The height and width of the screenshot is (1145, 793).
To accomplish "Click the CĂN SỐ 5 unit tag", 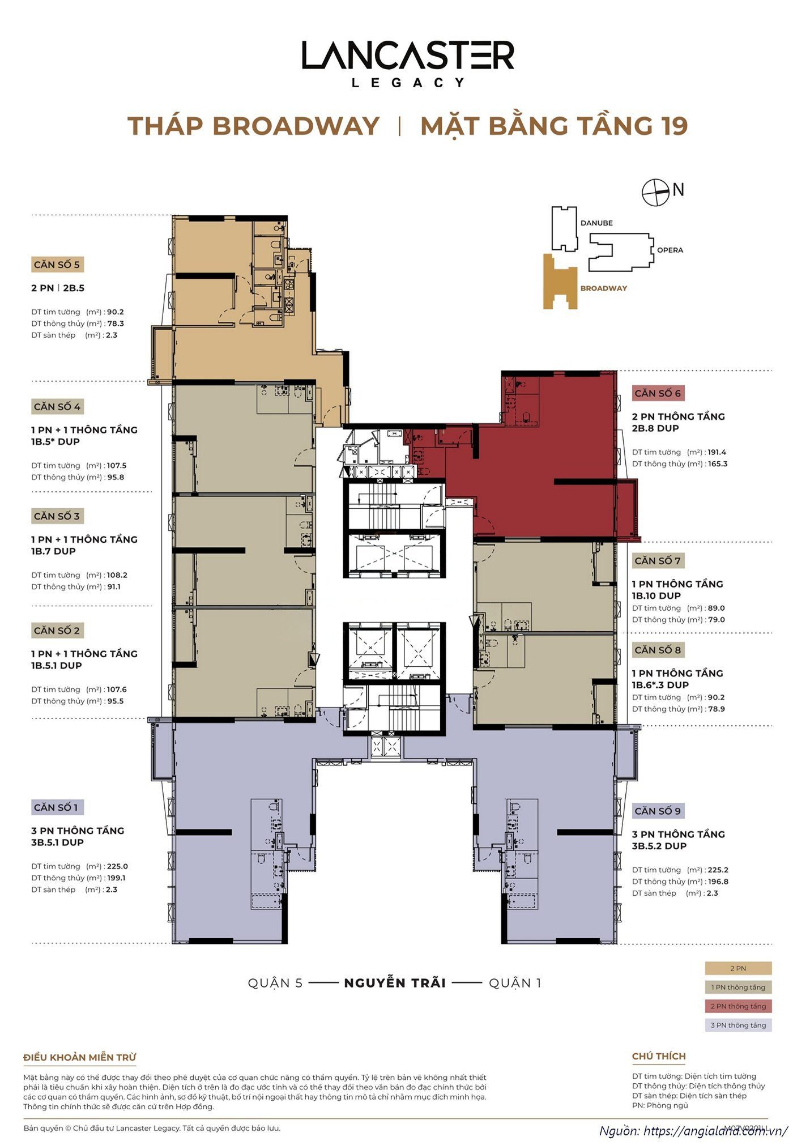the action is (x=57, y=265).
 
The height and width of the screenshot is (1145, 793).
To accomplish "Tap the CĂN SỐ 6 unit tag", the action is (x=658, y=393).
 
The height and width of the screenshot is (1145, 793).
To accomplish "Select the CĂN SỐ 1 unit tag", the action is (x=57, y=807).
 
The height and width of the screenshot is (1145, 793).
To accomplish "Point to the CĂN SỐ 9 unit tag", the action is (x=658, y=811).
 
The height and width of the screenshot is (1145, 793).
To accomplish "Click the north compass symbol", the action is (x=656, y=192).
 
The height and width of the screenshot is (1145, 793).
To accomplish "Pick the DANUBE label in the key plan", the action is (x=596, y=223).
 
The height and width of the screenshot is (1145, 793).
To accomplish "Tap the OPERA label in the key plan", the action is (x=670, y=250).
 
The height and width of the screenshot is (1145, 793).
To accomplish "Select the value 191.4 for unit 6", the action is (x=717, y=452).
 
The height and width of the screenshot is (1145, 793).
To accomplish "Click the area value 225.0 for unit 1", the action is (x=117, y=866).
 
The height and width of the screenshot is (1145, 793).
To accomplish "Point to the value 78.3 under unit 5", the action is (x=116, y=324).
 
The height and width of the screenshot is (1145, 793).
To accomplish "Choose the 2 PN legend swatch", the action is (x=738, y=968).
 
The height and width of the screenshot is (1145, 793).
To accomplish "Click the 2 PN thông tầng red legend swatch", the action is (x=738, y=1006).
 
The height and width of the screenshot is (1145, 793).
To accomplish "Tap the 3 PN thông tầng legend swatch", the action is (x=738, y=1025).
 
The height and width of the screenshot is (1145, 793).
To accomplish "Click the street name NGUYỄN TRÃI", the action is (x=395, y=982).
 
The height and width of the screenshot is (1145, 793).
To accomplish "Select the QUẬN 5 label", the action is (x=275, y=983).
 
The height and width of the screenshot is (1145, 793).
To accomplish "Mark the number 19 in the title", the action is (x=673, y=126).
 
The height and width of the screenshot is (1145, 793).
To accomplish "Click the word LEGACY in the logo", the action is (x=408, y=83).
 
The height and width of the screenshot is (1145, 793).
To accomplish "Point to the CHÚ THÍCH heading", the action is (x=659, y=1056).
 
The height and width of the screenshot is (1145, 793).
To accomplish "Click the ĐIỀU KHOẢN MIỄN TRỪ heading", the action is (x=80, y=1057).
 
